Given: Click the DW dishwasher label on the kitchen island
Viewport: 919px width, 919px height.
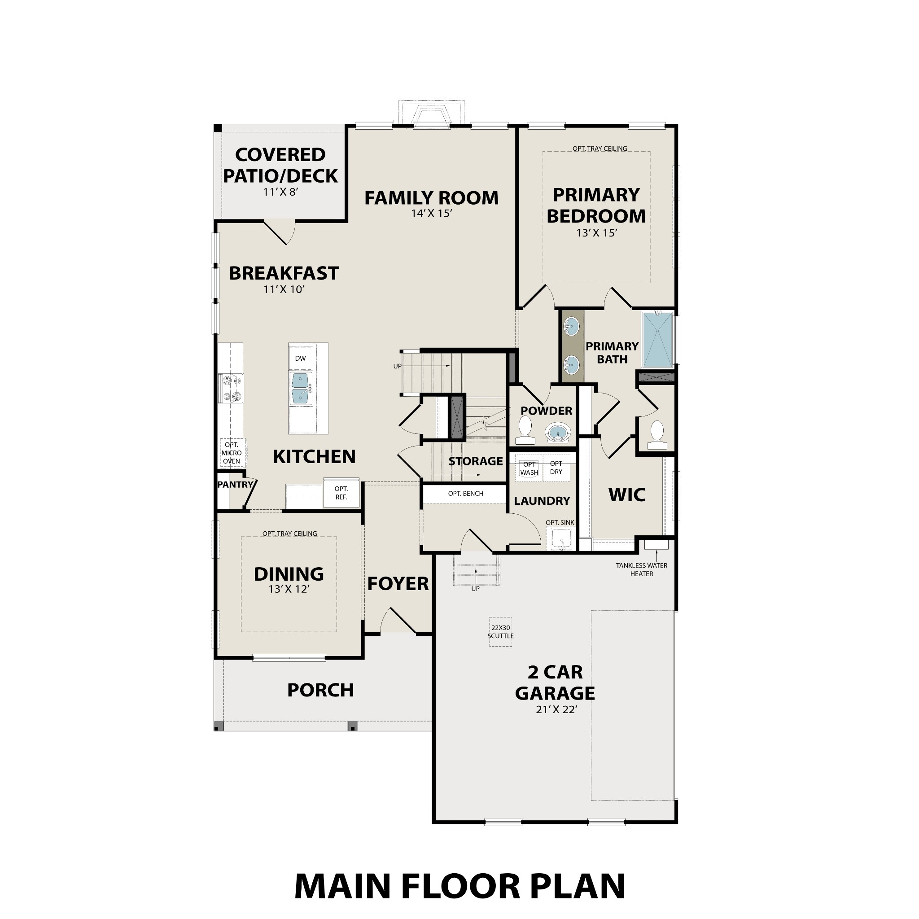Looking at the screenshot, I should tap(300, 358).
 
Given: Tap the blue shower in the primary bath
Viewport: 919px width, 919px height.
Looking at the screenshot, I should tap(657, 339).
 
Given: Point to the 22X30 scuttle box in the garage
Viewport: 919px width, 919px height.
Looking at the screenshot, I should tap(500, 632).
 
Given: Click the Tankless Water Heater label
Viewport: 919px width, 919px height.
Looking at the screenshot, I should tap(641, 569).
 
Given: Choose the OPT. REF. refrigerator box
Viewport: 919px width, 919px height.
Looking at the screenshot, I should tap(341, 493).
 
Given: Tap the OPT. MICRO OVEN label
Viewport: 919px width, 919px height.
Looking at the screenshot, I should tap(232, 453).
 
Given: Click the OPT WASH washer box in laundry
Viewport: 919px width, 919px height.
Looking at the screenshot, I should tap(529, 468).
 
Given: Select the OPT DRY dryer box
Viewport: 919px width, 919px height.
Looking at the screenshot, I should tap(556, 468).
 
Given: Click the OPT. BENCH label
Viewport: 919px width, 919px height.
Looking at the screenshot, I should tap(465, 494).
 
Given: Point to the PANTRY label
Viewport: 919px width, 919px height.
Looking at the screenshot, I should tap(235, 485).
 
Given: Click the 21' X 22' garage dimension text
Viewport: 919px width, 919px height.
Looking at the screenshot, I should tap(556, 710).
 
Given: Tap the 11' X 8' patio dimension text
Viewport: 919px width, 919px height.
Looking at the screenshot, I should tap(280, 192).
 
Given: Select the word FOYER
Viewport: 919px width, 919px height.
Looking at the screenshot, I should tap(398, 584).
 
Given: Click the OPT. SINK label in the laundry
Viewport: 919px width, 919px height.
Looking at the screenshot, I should tap(560, 523).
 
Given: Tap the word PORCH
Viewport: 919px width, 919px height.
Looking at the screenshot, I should tap(320, 690).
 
